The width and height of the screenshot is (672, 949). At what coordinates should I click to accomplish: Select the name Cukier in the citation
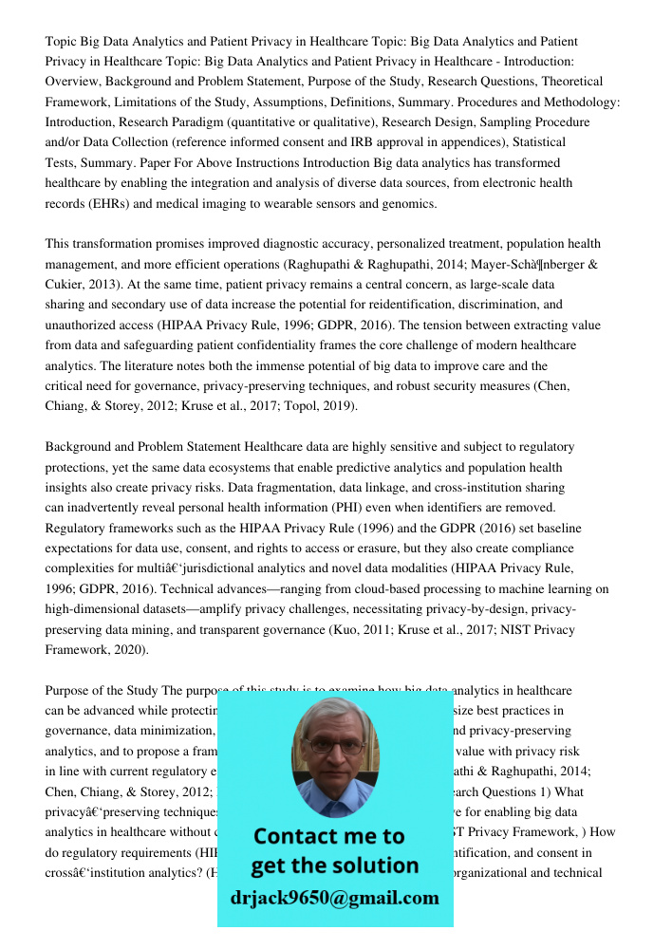65,285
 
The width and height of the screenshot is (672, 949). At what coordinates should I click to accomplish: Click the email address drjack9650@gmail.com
334,898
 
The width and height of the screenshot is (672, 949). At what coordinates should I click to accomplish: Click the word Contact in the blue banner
294,836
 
